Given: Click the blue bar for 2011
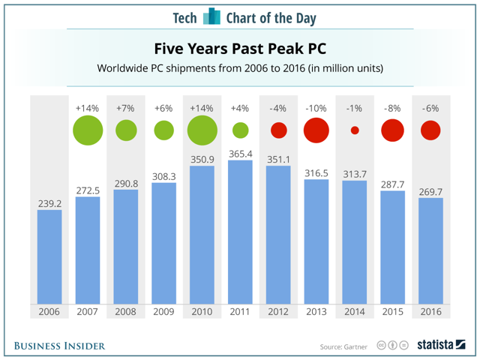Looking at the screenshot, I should (x=240, y=232).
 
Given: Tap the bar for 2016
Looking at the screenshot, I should (x=430, y=250).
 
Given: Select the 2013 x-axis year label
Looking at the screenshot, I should (x=316, y=311).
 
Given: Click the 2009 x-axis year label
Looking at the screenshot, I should (x=163, y=311).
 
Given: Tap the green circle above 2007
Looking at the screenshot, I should (x=88, y=130).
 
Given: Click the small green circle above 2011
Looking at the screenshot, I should (x=240, y=130).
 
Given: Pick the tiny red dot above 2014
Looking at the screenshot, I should (x=355, y=130).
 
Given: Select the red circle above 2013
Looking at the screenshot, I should (x=316, y=130).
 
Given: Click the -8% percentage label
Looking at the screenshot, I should (x=392, y=108).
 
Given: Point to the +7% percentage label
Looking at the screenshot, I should (x=126, y=108).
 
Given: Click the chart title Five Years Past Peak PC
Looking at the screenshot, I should (x=240, y=49).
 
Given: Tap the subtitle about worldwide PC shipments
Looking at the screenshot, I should (x=240, y=69).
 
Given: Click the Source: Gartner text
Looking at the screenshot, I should (x=344, y=346).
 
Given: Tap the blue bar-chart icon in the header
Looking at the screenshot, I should (x=212, y=16).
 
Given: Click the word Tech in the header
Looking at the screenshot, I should (x=185, y=17).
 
